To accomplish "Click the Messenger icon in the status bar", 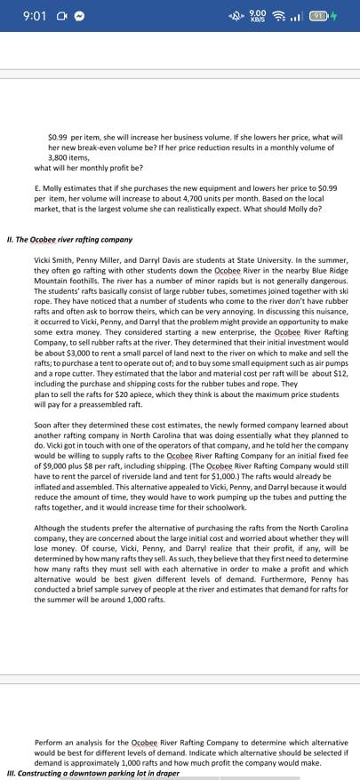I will pyautogui.click(x=80, y=17).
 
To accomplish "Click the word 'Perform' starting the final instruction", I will pyautogui.click(x=50, y=742).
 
